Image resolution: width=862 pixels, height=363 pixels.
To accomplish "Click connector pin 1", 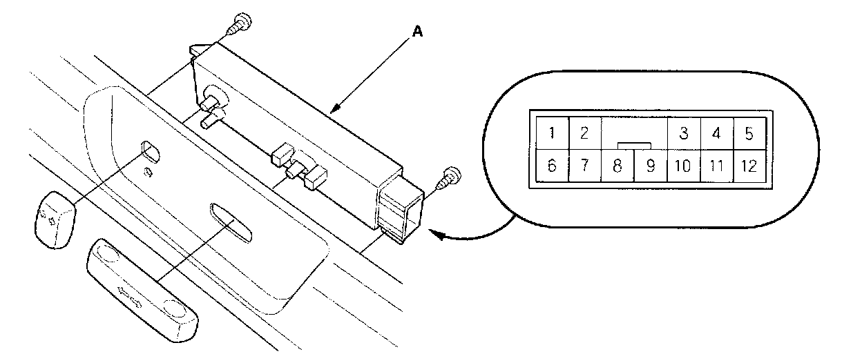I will click(550, 133).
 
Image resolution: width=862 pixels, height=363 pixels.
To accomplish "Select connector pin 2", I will click(584, 133).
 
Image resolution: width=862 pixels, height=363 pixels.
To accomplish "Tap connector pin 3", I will click(683, 133).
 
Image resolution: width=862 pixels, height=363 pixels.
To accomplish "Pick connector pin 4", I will click(716, 133).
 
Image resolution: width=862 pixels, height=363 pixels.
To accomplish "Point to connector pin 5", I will click(749, 133).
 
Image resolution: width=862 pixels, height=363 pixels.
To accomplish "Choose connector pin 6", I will click(550, 166).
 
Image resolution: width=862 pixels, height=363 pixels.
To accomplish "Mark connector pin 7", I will click(584, 166).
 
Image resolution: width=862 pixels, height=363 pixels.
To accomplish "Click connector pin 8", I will click(617, 166).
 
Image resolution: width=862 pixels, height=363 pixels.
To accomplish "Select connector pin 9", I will click(649, 166).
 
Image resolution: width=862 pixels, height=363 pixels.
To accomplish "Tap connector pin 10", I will click(683, 166).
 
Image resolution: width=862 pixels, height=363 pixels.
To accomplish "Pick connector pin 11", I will click(716, 166).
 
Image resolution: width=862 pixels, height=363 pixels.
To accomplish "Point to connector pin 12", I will click(749, 166).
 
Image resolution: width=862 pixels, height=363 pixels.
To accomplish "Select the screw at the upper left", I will click(239, 23).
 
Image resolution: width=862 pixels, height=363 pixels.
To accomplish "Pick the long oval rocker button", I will click(142, 291).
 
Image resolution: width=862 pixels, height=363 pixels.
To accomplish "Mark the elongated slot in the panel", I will click(231, 221).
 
